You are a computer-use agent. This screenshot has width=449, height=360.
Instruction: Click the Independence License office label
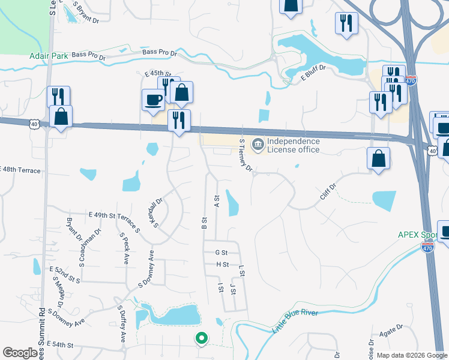(x=294, y=145)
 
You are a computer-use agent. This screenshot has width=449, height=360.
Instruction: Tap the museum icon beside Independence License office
(x=258, y=145)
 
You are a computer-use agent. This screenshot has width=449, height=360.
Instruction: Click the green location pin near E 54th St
(x=202, y=339)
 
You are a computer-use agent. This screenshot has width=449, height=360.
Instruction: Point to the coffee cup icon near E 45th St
(x=153, y=99)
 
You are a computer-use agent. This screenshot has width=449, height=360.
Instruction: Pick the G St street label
(x=222, y=253)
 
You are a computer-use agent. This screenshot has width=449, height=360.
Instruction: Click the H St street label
(x=222, y=264)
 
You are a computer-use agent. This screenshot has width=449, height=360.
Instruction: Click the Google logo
(x=20, y=353)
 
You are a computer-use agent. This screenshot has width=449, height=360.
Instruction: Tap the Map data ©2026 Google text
(x=411, y=355)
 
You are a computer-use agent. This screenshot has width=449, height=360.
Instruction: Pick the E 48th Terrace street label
(x=20, y=170)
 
